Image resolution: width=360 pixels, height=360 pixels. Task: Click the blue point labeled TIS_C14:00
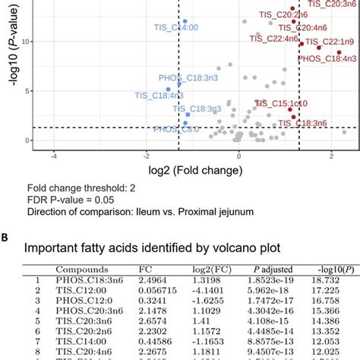(x=185, y=21)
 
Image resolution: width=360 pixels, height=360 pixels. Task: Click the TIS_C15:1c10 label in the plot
(x=281, y=103)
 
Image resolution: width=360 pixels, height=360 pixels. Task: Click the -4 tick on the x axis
(x=53, y=155)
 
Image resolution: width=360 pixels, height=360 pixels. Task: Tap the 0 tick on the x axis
(x=239, y=155)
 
